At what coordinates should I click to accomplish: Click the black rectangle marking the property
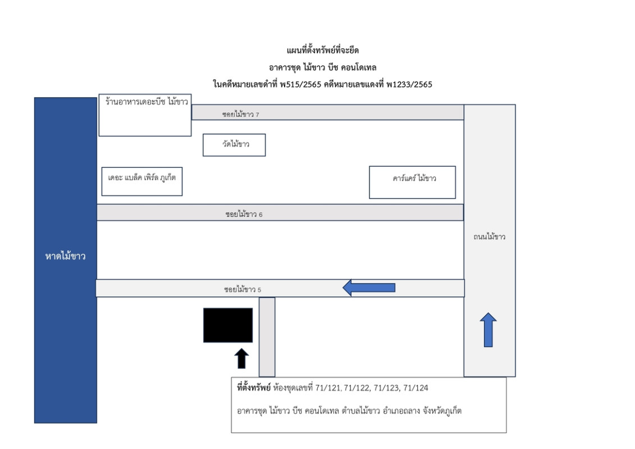pos(227,325)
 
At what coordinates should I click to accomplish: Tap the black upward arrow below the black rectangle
pos(241,359)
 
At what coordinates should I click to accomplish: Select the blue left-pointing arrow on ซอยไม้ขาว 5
pos(369,288)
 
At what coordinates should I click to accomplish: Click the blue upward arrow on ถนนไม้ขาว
pos(488,330)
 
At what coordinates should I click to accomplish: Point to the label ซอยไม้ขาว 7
pos(240,114)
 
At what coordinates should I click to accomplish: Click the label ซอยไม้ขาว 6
pos(244,214)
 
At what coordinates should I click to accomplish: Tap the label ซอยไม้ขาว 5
pos(243,290)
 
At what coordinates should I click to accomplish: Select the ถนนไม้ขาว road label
pos(489,237)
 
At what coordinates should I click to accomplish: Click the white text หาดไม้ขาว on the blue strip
pos(65,257)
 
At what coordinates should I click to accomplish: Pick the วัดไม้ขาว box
pos(234,145)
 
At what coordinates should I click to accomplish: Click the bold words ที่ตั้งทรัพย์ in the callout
pos(254,388)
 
